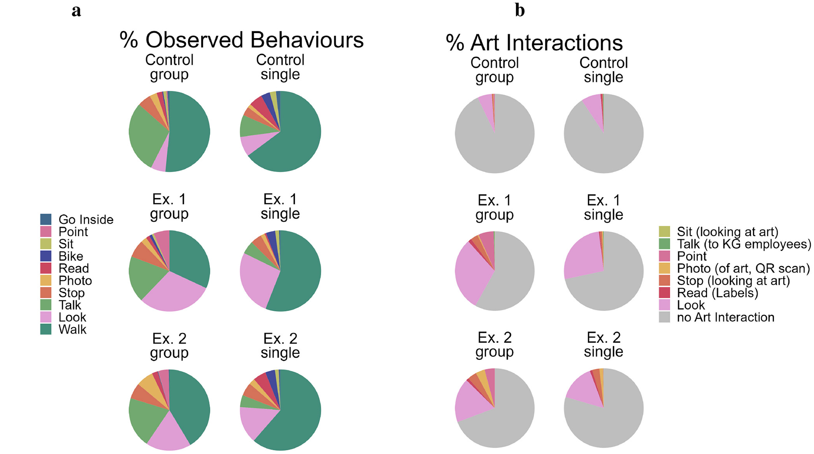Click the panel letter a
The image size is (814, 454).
pyautogui.click(x=76, y=11)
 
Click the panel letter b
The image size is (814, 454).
pyautogui.click(x=520, y=10)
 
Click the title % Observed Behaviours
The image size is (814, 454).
pyautogui.click(x=242, y=40)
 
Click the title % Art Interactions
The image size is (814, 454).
pyautogui.click(x=534, y=43)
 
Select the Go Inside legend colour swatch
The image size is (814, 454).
pyautogui.click(x=46, y=219)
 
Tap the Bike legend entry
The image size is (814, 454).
pyautogui.click(x=71, y=256)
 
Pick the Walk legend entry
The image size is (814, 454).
pyautogui.click(x=72, y=329)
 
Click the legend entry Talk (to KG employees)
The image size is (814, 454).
pyautogui.click(x=744, y=244)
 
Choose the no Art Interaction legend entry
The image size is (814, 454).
pyautogui.click(x=725, y=318)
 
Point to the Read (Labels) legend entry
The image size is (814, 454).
pyautogui.click(x=717, y=293)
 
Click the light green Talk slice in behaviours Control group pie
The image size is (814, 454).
pyautogui.click(x=145, y=135)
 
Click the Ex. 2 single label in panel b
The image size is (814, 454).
pyautogui.click(x=603, y=344)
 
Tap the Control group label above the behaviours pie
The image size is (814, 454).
pyautogui.click(x=169, y=67)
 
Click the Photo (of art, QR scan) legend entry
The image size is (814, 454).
pyautogui.click(x=743, y=268)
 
